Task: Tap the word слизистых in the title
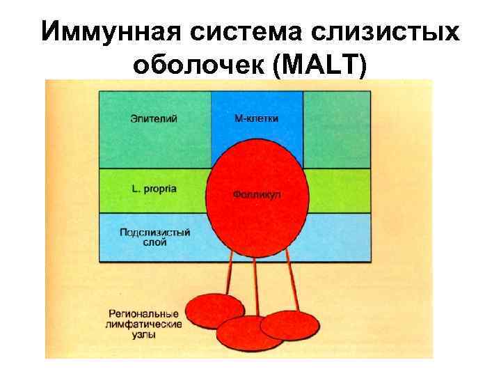click(x=392, y=32)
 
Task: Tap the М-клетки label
click(x=256, y=118)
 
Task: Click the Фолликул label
click(x=257, y=196)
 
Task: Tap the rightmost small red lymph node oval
click(x=289, y=324)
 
